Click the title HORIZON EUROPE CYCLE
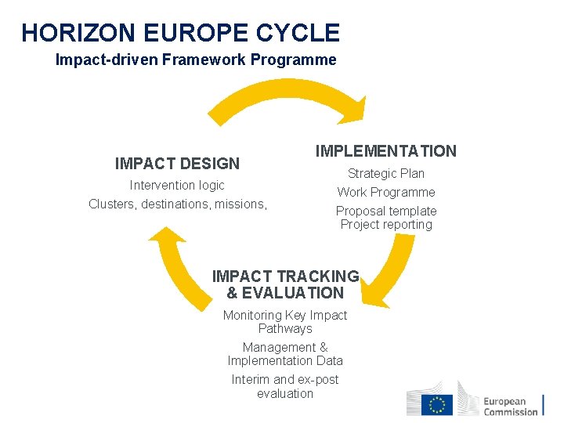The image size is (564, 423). point(180,33)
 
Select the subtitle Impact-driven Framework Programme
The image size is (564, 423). point(196,60)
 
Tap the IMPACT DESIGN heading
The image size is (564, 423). point(177,164)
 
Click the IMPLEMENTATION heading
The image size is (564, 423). point(385,151)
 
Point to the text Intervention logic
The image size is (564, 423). point(177,186)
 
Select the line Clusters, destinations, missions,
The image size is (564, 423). point(178,204)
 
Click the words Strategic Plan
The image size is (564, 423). point(386,174)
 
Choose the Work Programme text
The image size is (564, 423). point(386,193)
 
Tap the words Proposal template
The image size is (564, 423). point(386,211)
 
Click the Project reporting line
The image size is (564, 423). point(386,225)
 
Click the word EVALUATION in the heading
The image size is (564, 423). point(293,293)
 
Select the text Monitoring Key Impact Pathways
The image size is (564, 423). point(285,322)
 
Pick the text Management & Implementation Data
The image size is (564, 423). point(285,354)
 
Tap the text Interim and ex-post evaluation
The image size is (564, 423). point(285,386)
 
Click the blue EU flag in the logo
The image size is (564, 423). point(436,404)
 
